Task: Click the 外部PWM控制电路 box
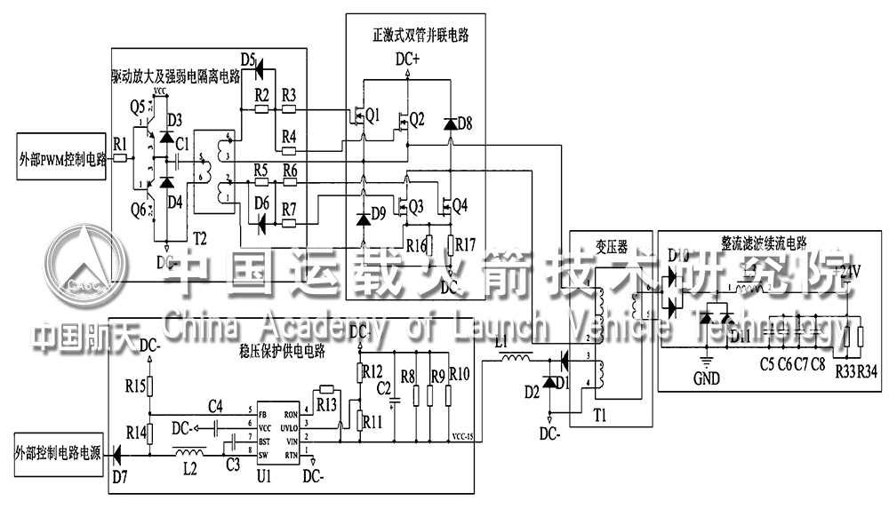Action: [61, 160]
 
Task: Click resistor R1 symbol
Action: [121, 160]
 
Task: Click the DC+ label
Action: [408, 60]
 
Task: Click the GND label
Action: [708, 377]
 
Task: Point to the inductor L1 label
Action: [505, 342]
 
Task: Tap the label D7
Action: [120, 476]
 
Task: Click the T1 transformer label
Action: [602, 414]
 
